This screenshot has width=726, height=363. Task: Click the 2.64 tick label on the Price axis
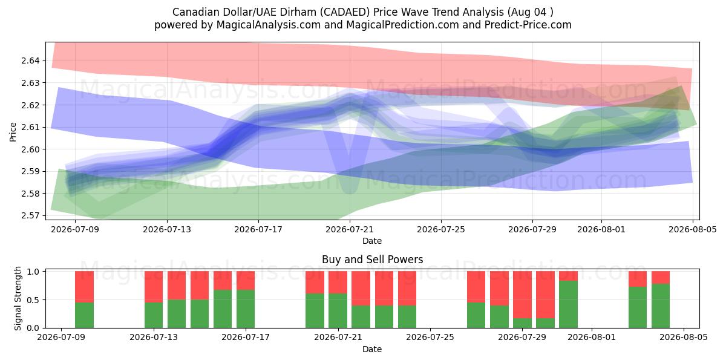click(x=30, y=60)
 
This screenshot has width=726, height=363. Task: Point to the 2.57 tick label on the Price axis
click(x=30, y=215)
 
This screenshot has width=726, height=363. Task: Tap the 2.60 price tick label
click(x=30, y=149)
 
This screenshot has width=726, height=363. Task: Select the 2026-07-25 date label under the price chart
click(x=441, y=230)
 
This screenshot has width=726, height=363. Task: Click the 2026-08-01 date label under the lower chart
click(x=592, y=338)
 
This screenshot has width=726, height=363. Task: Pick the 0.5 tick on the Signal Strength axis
click(x=33, y=300)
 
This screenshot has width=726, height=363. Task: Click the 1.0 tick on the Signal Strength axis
click(x=33, y=272)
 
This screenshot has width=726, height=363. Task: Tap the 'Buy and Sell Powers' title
click(x=373, y=260)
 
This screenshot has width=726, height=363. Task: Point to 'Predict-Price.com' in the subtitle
click(x=528, y=25)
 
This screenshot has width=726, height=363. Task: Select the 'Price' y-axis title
click(x=13, y=132)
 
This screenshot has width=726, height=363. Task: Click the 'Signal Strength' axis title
click(x=18, y=298)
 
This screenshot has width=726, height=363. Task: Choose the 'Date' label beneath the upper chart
click(x=372, y=241)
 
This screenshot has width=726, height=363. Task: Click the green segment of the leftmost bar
click(x=84, y=315)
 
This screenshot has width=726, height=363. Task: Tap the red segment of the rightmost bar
click(x=661, y=278)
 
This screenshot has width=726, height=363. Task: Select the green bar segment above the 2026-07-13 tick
click(x=154, y=315)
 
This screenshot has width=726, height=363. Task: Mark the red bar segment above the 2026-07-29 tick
click(x=523, y=295)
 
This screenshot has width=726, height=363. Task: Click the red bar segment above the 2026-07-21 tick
click(x=338, y=283)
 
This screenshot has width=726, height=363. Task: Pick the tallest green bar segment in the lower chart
click(x=569, y=304)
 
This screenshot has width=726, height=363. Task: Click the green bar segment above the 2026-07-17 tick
click(x=246, y=309)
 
